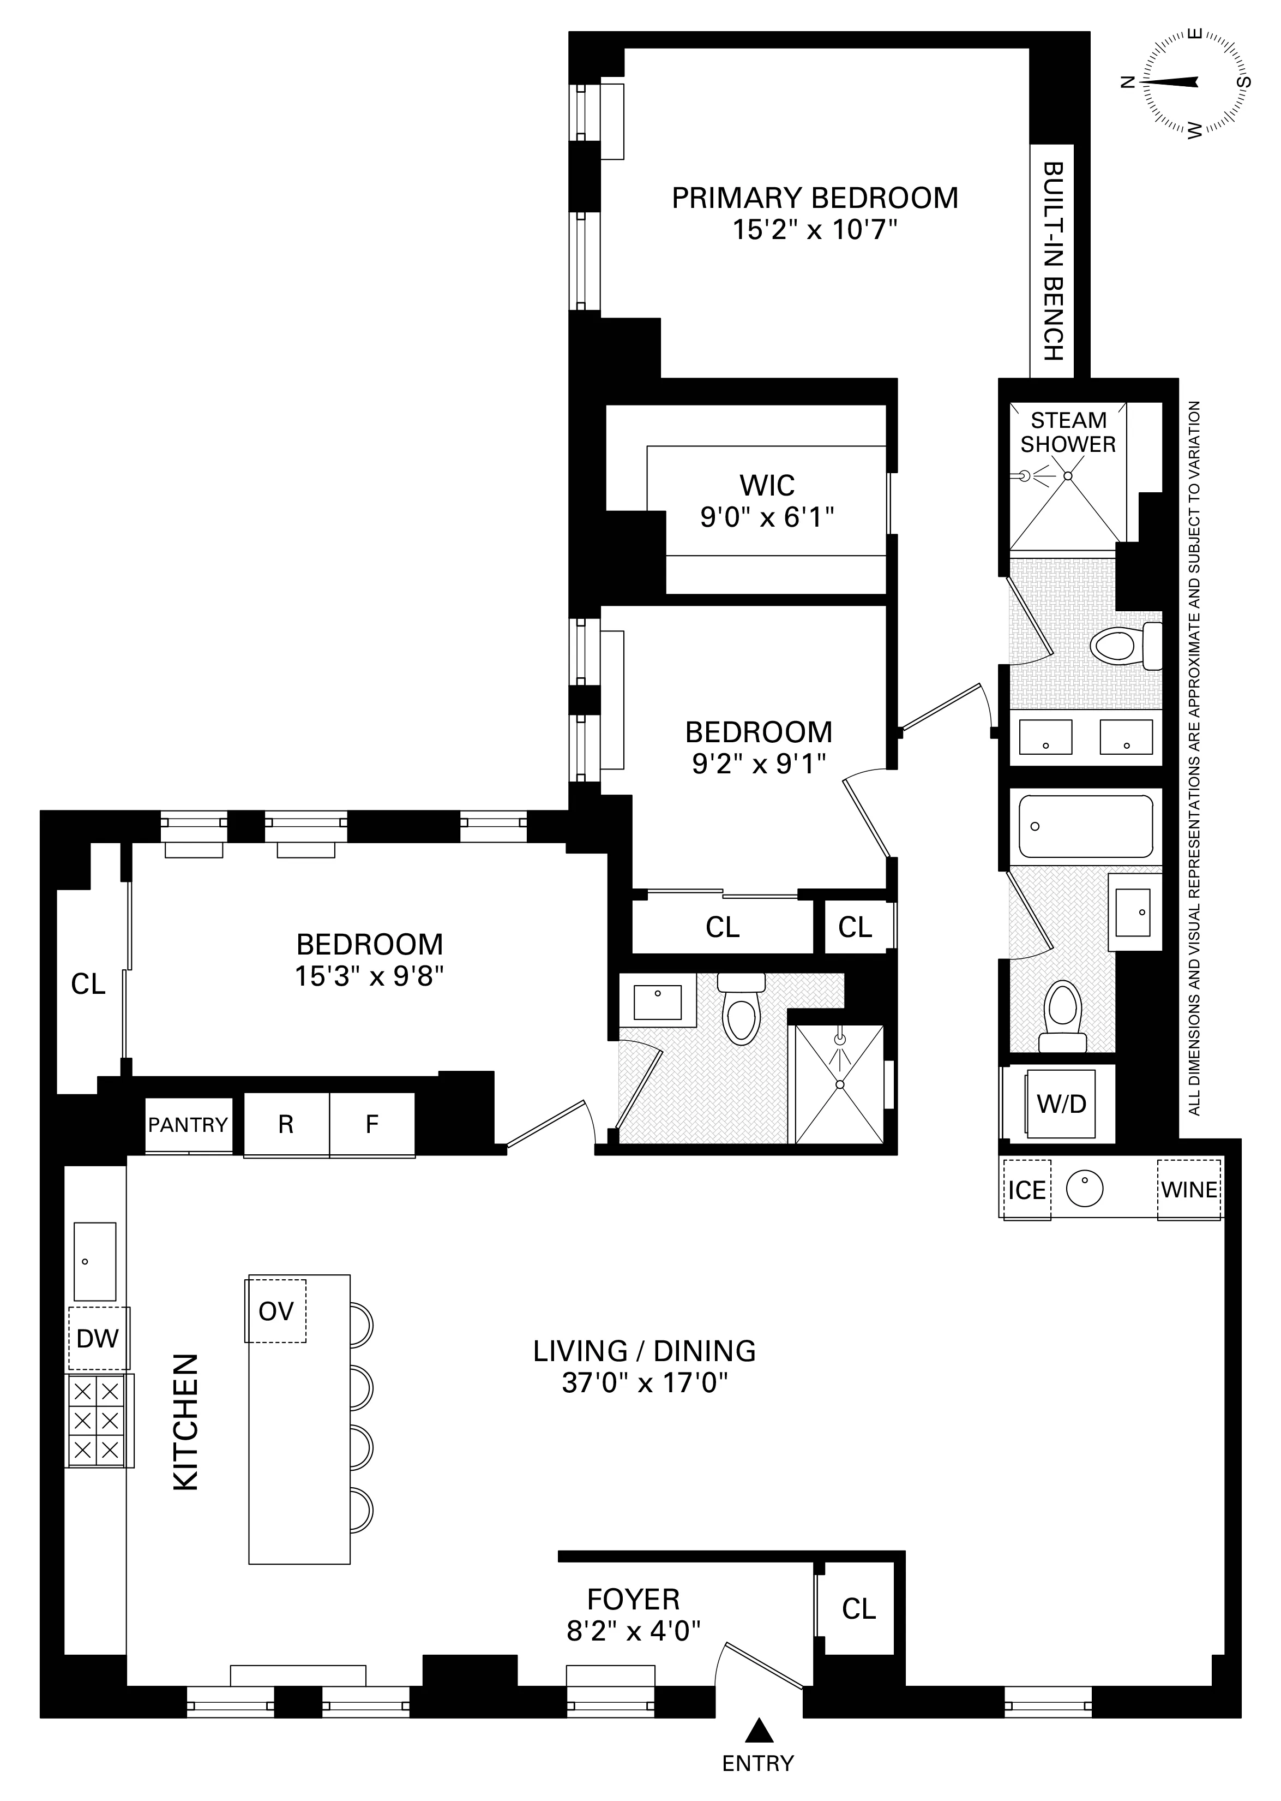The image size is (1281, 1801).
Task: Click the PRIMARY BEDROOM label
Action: pos(814,198)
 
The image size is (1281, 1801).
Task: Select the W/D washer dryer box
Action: pos(1061,1104)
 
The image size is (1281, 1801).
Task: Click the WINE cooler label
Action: pos(1189,1189)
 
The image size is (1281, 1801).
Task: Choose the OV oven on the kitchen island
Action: pos(275,1311)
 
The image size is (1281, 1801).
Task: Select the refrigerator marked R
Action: pos(286,1125)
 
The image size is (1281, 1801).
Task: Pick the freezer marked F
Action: pos(371,1125)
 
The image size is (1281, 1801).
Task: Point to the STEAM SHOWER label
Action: pos(1068,432)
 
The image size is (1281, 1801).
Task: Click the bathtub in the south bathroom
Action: pos(1085,826)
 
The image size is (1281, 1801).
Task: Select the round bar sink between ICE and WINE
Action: pos(1085,1188)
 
